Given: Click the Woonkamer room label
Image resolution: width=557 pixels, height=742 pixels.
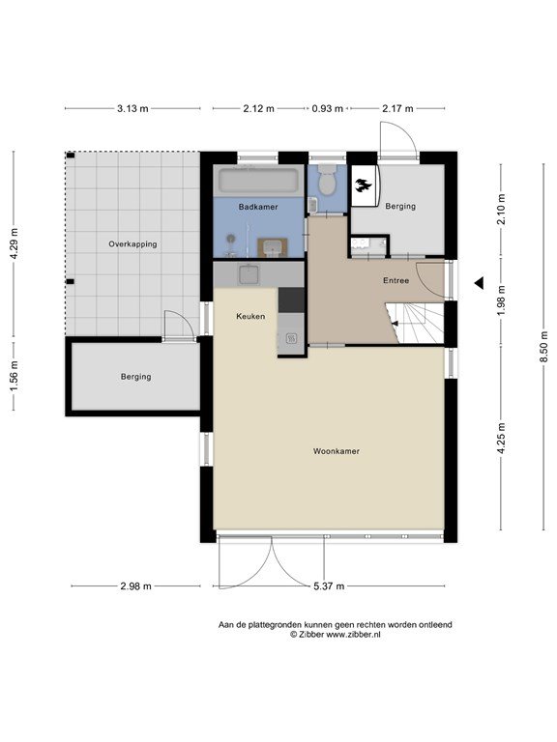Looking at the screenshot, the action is [x=337, y=451].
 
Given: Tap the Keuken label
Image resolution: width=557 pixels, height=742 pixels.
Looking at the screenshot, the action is [x=250, y=316].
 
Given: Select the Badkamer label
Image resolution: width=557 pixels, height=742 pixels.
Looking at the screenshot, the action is [x=258, y=207].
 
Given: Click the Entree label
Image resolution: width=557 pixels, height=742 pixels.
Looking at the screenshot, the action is [x=396, y=280].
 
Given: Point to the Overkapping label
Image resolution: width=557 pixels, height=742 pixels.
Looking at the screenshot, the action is [x=132, y=244].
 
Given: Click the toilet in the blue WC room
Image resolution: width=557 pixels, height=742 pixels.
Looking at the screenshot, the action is [x=326, y=180].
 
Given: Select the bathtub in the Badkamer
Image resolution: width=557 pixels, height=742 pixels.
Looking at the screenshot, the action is [x=258, y=181].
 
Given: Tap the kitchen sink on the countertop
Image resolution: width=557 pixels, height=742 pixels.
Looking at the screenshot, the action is [x=249, y=274].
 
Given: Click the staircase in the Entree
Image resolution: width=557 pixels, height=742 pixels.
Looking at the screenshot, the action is [x=415, y=324].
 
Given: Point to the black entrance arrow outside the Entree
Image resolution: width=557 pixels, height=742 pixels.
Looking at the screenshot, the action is [x=480, y=283].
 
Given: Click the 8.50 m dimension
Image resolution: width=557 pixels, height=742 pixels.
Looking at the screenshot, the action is [x=544, y=347].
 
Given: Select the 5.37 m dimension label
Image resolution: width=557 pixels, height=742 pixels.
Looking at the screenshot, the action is [x=329, y=586].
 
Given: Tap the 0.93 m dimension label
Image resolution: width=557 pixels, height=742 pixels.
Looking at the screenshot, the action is [x=327, y=109].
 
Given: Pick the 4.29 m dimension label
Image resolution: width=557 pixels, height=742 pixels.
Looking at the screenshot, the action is [x=15, y=243].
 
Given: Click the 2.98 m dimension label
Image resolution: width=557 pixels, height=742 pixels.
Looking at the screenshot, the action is [x=136, y=586].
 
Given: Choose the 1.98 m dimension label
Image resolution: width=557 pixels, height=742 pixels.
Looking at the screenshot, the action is [x=502, y=300].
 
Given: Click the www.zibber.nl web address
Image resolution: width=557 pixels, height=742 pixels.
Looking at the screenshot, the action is [x=353, y=635].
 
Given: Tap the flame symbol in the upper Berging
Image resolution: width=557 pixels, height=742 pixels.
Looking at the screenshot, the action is [x=365, y=185].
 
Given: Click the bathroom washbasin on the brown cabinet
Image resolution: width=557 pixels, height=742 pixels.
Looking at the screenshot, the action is [x=273, y=247].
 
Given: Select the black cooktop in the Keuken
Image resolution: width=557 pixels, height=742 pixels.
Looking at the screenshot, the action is [x=291, y=300].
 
